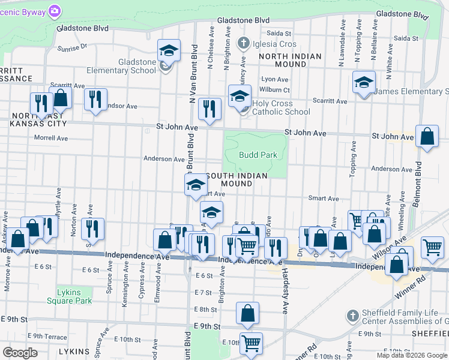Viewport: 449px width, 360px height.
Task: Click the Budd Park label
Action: pos(258,155)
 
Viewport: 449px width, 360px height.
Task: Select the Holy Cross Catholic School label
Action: pos(281,107)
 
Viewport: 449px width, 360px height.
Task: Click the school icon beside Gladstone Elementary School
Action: pos(169,51)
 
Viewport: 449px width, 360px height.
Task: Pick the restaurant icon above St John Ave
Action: pos(209,109)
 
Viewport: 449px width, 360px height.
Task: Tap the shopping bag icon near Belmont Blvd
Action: pos(427,137)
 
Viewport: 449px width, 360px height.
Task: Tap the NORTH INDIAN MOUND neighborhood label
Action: pos(290,60)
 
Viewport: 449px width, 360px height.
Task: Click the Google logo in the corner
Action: pos(20,353)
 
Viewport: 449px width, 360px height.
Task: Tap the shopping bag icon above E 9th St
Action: pos(247,313)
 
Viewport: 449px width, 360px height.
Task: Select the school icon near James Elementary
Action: pos(364,83)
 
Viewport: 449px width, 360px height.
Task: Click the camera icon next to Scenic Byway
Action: pos(55,11)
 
